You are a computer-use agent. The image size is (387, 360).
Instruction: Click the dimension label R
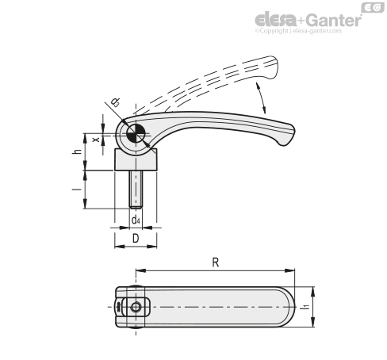pos(216,262)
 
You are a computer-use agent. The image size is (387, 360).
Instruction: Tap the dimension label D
pos(136,239)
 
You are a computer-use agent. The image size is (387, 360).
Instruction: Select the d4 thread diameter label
pos(136,220)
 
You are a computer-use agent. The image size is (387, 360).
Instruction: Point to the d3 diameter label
pos(115,102)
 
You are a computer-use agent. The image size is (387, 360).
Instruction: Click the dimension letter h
pos(77,151)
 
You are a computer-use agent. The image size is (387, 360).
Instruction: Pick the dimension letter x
pos(96,139)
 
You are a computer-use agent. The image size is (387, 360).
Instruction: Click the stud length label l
pos(77,190)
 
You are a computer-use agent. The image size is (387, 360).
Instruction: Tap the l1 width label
pos(306,307)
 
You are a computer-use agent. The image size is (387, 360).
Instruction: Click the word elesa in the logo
pos(276,20)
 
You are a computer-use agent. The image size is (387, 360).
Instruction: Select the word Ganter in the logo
pos(334,21)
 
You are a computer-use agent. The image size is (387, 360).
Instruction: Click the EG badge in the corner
pos(373,7)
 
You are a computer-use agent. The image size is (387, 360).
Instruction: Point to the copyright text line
pos(298,31)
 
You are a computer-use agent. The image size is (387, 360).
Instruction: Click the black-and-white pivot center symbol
pos(136,133)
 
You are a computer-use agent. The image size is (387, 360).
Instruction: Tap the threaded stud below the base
pos(136,190)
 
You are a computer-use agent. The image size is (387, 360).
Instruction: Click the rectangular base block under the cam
pos(136,159)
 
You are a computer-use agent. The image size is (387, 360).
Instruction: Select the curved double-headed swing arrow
pos(261,98)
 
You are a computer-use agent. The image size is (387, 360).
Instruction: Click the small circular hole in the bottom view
pos(136,307)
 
